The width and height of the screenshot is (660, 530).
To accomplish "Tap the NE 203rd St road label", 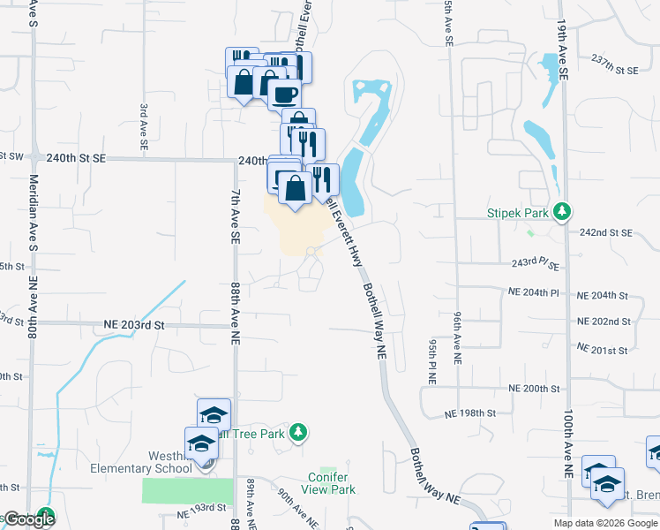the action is click(x=134, y=324).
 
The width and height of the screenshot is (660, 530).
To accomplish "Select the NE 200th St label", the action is click(x=541, y=388).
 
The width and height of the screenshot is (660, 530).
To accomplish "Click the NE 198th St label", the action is click(x=470, y=413).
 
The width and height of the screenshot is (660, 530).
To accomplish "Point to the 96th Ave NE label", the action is click(x=457, y=337).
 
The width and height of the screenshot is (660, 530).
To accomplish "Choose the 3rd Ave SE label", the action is click(x=142, y=124).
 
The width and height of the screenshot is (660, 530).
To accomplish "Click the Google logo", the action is click(x=29, y=520).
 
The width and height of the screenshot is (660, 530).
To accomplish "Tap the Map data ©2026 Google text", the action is click(x=604, y=523).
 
